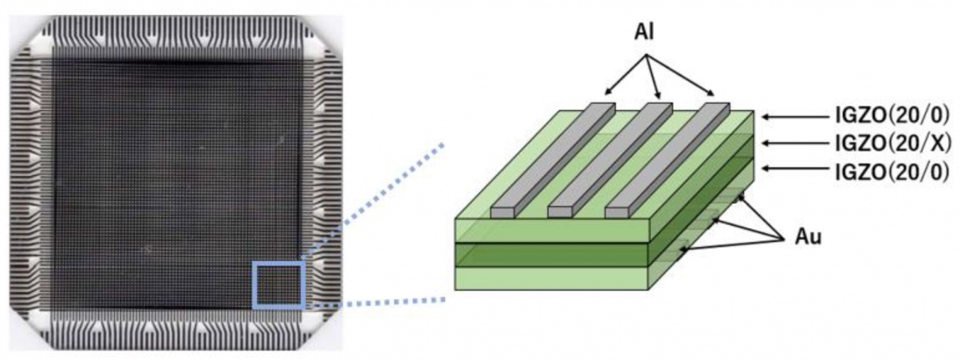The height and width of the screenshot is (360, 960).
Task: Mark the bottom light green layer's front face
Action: click(x=551, y=278)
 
